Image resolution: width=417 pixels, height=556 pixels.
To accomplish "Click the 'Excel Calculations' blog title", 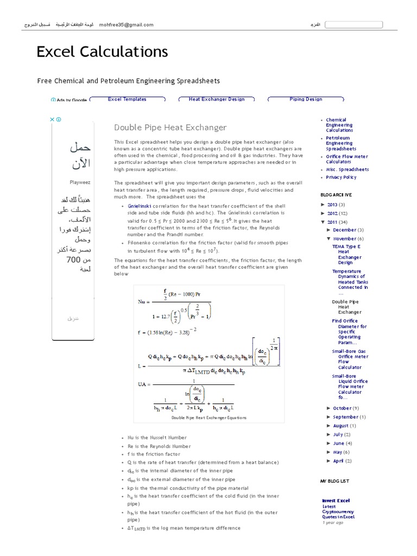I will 102,52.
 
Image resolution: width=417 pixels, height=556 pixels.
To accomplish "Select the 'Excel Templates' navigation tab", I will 127,99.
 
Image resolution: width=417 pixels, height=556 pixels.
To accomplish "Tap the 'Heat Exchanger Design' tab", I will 217,99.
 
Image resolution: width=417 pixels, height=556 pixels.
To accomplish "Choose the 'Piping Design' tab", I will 306,99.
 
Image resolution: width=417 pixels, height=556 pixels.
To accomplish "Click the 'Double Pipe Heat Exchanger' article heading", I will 170,128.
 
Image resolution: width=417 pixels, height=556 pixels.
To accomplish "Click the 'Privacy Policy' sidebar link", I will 341,177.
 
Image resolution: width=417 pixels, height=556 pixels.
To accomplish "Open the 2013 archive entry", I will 332,205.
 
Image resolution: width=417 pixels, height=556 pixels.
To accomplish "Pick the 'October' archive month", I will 342,408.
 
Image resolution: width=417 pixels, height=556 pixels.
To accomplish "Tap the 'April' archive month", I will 338,460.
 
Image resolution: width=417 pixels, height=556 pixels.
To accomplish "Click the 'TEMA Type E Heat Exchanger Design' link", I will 346,254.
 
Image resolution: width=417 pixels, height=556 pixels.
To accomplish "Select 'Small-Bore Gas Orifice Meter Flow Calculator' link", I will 350,359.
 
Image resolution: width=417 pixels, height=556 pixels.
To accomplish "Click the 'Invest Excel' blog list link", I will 336,501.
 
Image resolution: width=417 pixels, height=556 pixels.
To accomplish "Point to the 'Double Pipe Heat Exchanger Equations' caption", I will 208,418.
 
